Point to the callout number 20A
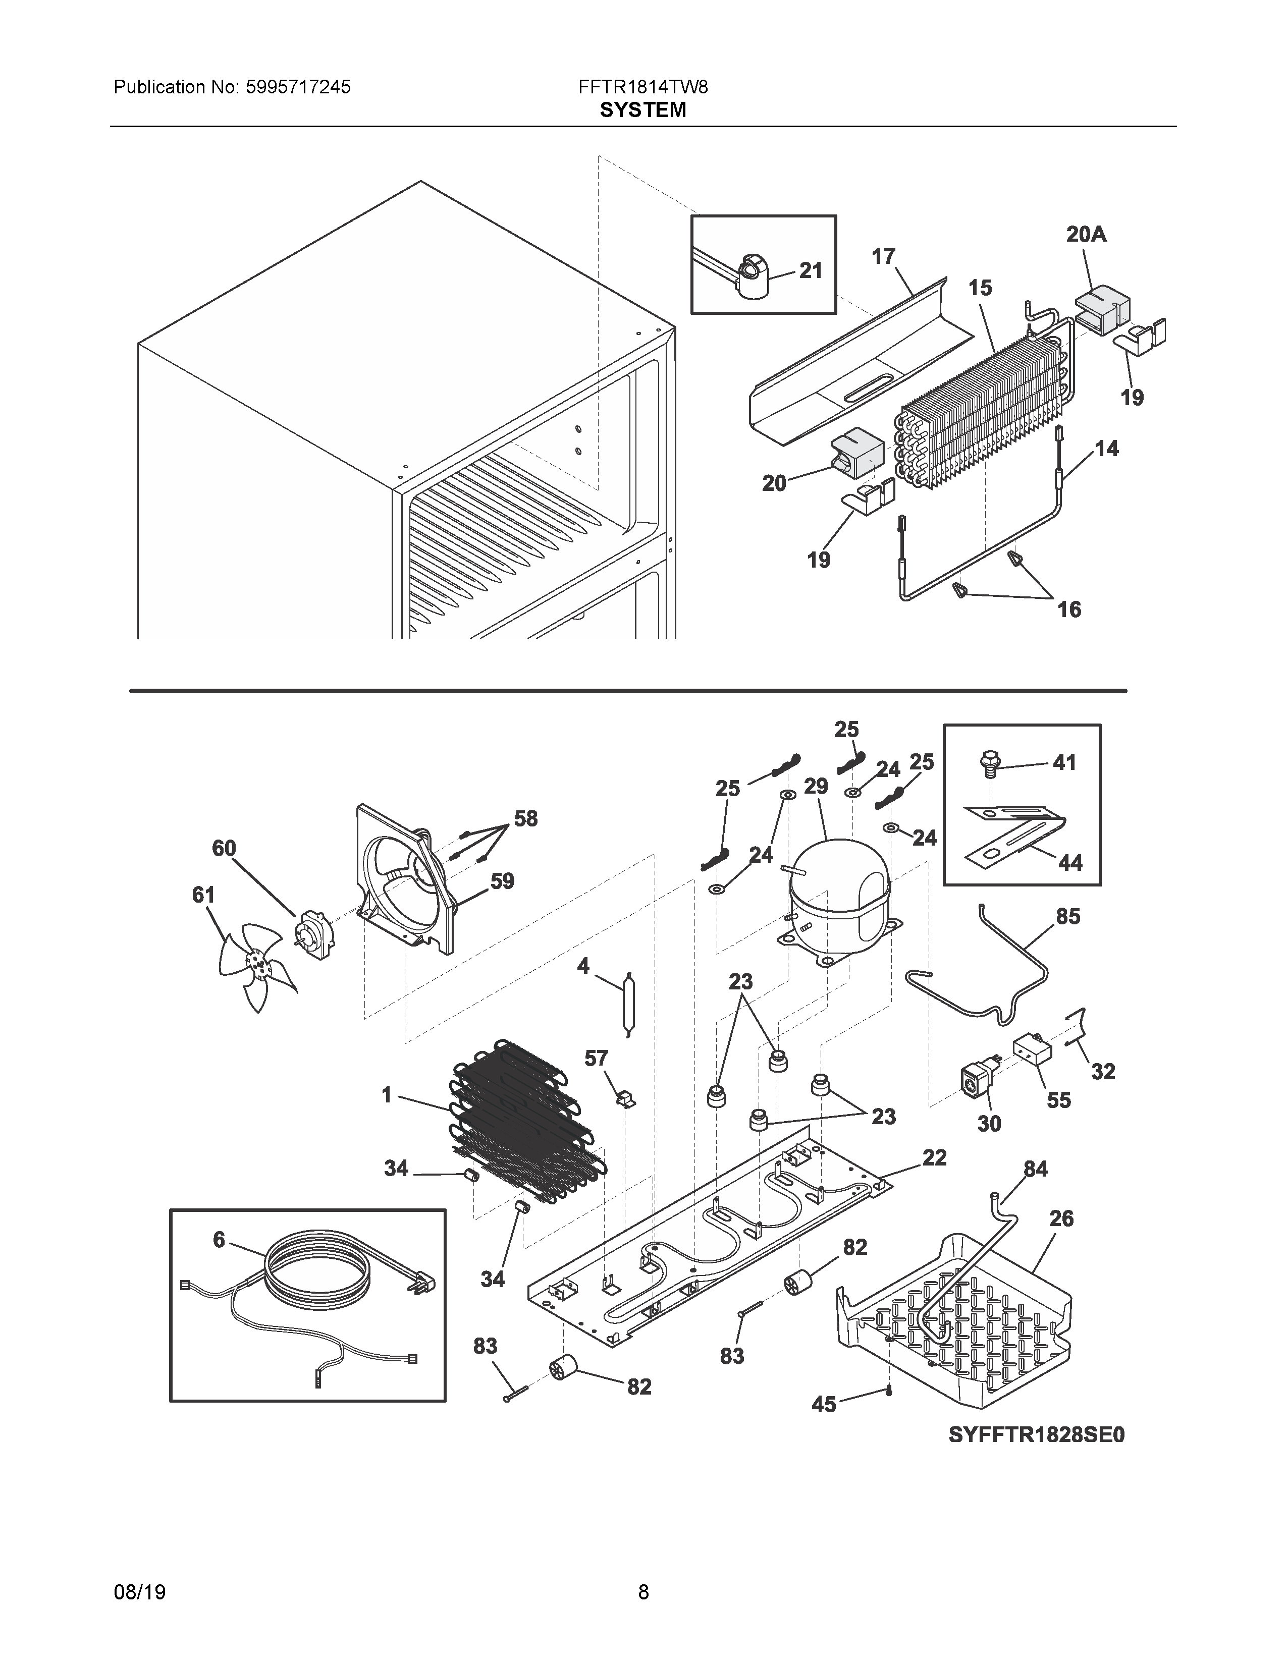tap(1086, 235)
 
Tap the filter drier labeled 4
tap(627, 1003)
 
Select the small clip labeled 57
tap(625, 1098)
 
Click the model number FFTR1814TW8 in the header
tap(642, 87)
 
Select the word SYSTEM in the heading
tap(642, 110)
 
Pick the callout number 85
tap(1068, 916)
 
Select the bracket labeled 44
tap(1014, 835)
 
